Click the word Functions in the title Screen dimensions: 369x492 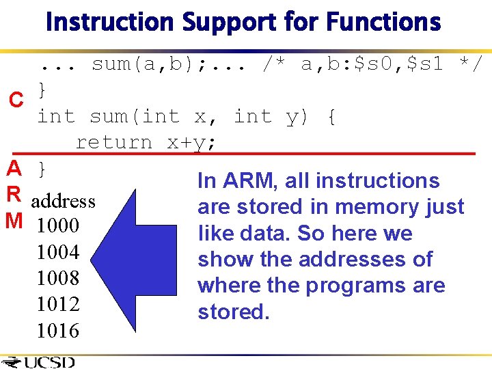click(383, 22)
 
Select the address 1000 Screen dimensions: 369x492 click(58, 226)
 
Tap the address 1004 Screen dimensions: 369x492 click(58, 252)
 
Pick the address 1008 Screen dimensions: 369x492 click(58, 278)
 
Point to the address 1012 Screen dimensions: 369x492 click(58, 304)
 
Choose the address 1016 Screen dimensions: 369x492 click(58, 330)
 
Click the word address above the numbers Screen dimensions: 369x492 click(63, 201)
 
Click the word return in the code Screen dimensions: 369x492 click(113, 142)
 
